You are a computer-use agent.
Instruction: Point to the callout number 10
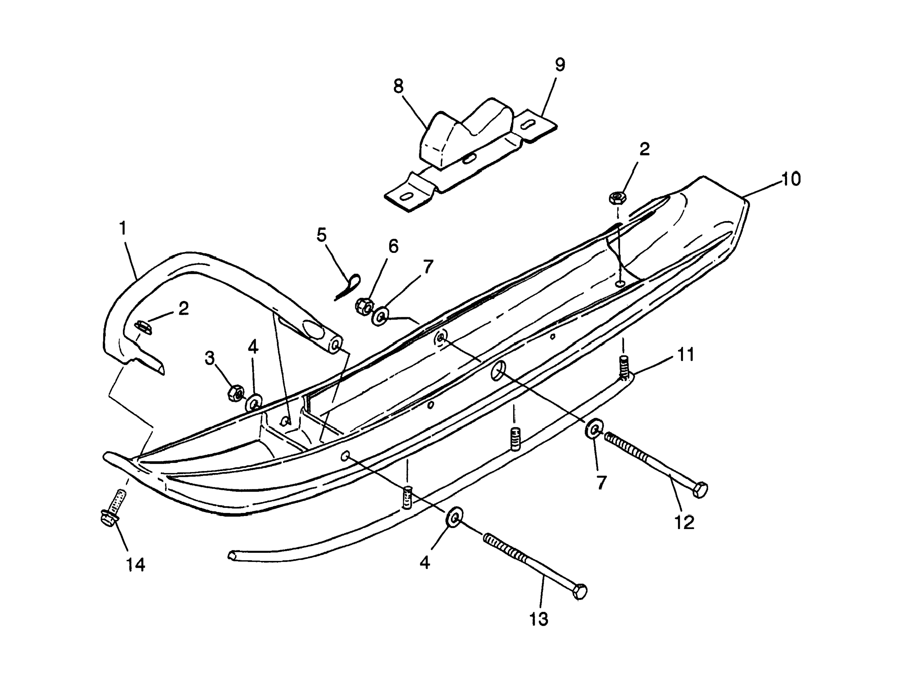790,179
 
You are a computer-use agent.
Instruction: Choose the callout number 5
321,235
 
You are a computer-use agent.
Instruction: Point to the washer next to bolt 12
594,428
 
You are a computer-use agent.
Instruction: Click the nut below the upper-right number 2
617,198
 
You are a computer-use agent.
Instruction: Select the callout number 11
686,355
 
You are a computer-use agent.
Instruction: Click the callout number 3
209,358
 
